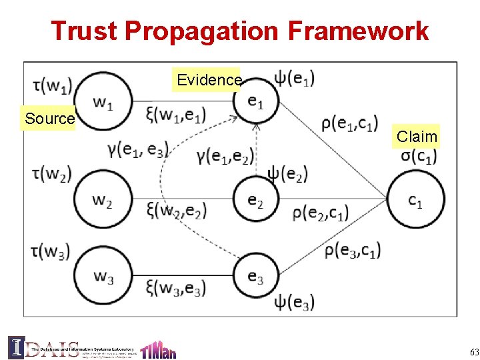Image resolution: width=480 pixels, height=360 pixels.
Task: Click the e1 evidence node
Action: coord(256,101)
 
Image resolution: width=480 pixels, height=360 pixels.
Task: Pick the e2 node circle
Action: coord(256,198)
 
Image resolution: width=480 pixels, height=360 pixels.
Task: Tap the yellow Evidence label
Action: coord(209,80)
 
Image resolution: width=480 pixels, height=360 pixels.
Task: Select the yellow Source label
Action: coord(49,119)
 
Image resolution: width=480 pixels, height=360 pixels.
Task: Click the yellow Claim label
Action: coord(417,137)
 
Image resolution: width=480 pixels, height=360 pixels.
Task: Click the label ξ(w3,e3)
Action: coord(176,288)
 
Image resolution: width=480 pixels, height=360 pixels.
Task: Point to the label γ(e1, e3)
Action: coord(137,149)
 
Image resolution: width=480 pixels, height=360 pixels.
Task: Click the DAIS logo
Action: coord(45,347)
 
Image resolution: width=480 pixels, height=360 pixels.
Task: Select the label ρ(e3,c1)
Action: coord(351,250)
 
